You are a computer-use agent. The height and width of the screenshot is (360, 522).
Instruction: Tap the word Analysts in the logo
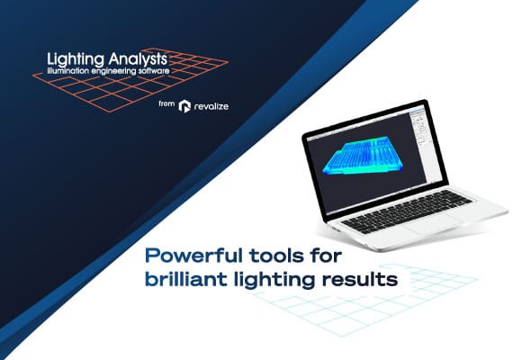click(136, 58)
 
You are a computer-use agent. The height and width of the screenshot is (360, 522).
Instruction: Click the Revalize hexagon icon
click(184, 106)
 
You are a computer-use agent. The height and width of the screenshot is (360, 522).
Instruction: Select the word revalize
click(213, 106)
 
